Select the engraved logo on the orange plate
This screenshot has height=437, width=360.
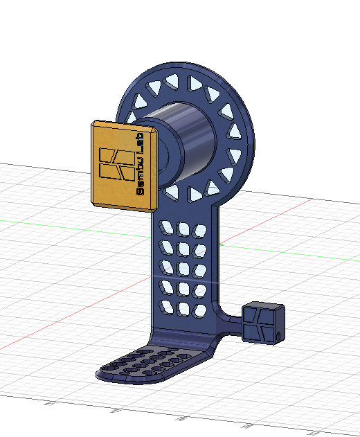tap(116, 163)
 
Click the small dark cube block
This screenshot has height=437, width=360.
tap(263, 323)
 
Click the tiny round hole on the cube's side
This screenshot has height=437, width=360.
tap(278, 335)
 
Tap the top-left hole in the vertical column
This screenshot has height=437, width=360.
tap(167, 226)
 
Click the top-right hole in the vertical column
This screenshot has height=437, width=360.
tap(200, 227)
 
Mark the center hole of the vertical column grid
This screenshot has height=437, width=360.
tap(184, 267)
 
